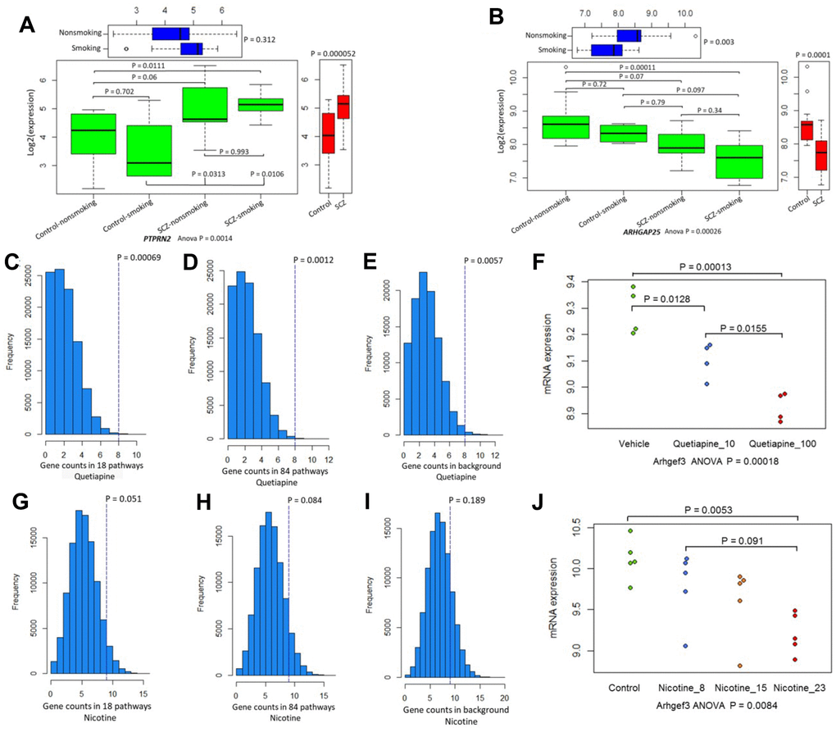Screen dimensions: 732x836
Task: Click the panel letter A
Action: pyautogui.click(x=27, y=25)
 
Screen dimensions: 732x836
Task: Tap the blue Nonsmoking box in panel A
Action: pyautogui.click(x=170, y=34)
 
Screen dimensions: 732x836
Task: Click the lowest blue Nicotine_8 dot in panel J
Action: pyautogui.click(x=661, y=646)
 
